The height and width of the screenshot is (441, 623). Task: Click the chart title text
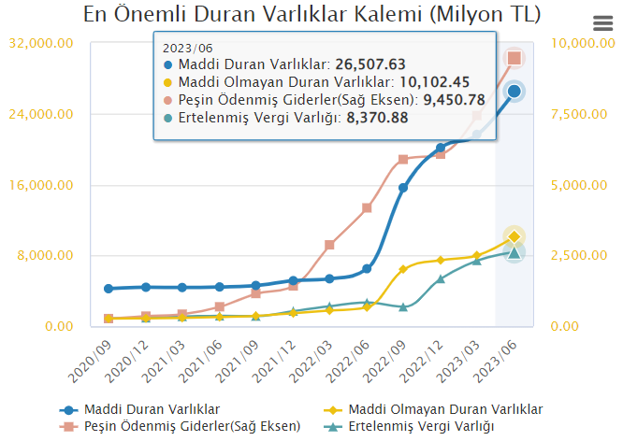[x=311, y=15]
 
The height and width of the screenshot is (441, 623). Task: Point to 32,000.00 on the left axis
[x=40, y=44]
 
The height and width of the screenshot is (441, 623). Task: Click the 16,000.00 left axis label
[x=40, y=185]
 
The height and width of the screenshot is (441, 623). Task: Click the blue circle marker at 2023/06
[x=514, y=91]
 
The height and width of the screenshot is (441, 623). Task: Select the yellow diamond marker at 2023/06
[x=514, y=236]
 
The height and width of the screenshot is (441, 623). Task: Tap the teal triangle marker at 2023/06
[x=514, y=251]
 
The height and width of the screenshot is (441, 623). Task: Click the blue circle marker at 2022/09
[x=403, y=188]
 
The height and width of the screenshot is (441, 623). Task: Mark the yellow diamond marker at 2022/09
[x=403, y=269]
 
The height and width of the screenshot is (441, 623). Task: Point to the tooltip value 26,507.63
[x=370, y=64]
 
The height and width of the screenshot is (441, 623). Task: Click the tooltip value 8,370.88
[x=377, y=118]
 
